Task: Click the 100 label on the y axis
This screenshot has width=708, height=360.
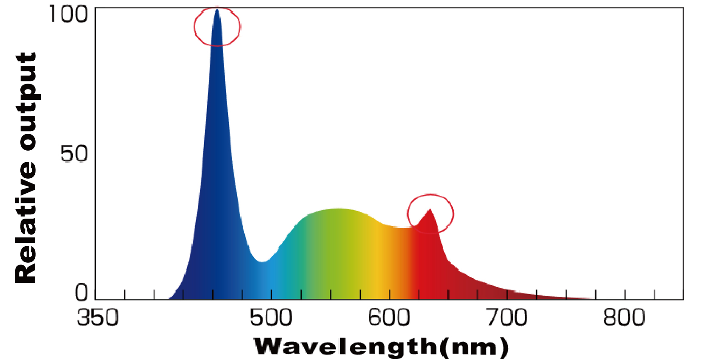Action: (x=68, y=14)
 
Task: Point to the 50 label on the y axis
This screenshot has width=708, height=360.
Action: (x=74, y=154)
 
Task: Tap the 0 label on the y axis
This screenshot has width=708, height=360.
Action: (x=81, y=292)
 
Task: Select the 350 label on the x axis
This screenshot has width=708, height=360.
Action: (x=98, y=318)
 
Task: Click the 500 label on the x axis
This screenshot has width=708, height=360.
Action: (x=271, y=318)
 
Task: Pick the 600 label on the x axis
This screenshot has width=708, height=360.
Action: (x=389, y=318)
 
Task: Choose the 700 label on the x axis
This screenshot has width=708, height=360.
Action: (x=506, y=318)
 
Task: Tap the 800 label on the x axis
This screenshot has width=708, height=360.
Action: (x=624, y=318)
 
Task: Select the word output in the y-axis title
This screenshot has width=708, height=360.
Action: (x=26, y=102)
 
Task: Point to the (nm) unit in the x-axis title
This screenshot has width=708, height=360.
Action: (x=474, y=347)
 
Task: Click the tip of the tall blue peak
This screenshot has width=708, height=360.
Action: (x=217, y=10)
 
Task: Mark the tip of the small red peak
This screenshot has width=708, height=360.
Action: (x=430, y=209)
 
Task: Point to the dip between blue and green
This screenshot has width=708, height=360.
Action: (x=262, y=262)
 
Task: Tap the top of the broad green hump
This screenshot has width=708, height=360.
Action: (x=337, y=209)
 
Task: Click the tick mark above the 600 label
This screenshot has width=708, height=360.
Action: (x=389, y=294)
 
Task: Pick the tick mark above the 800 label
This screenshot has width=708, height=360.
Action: (x=625, y=294)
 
